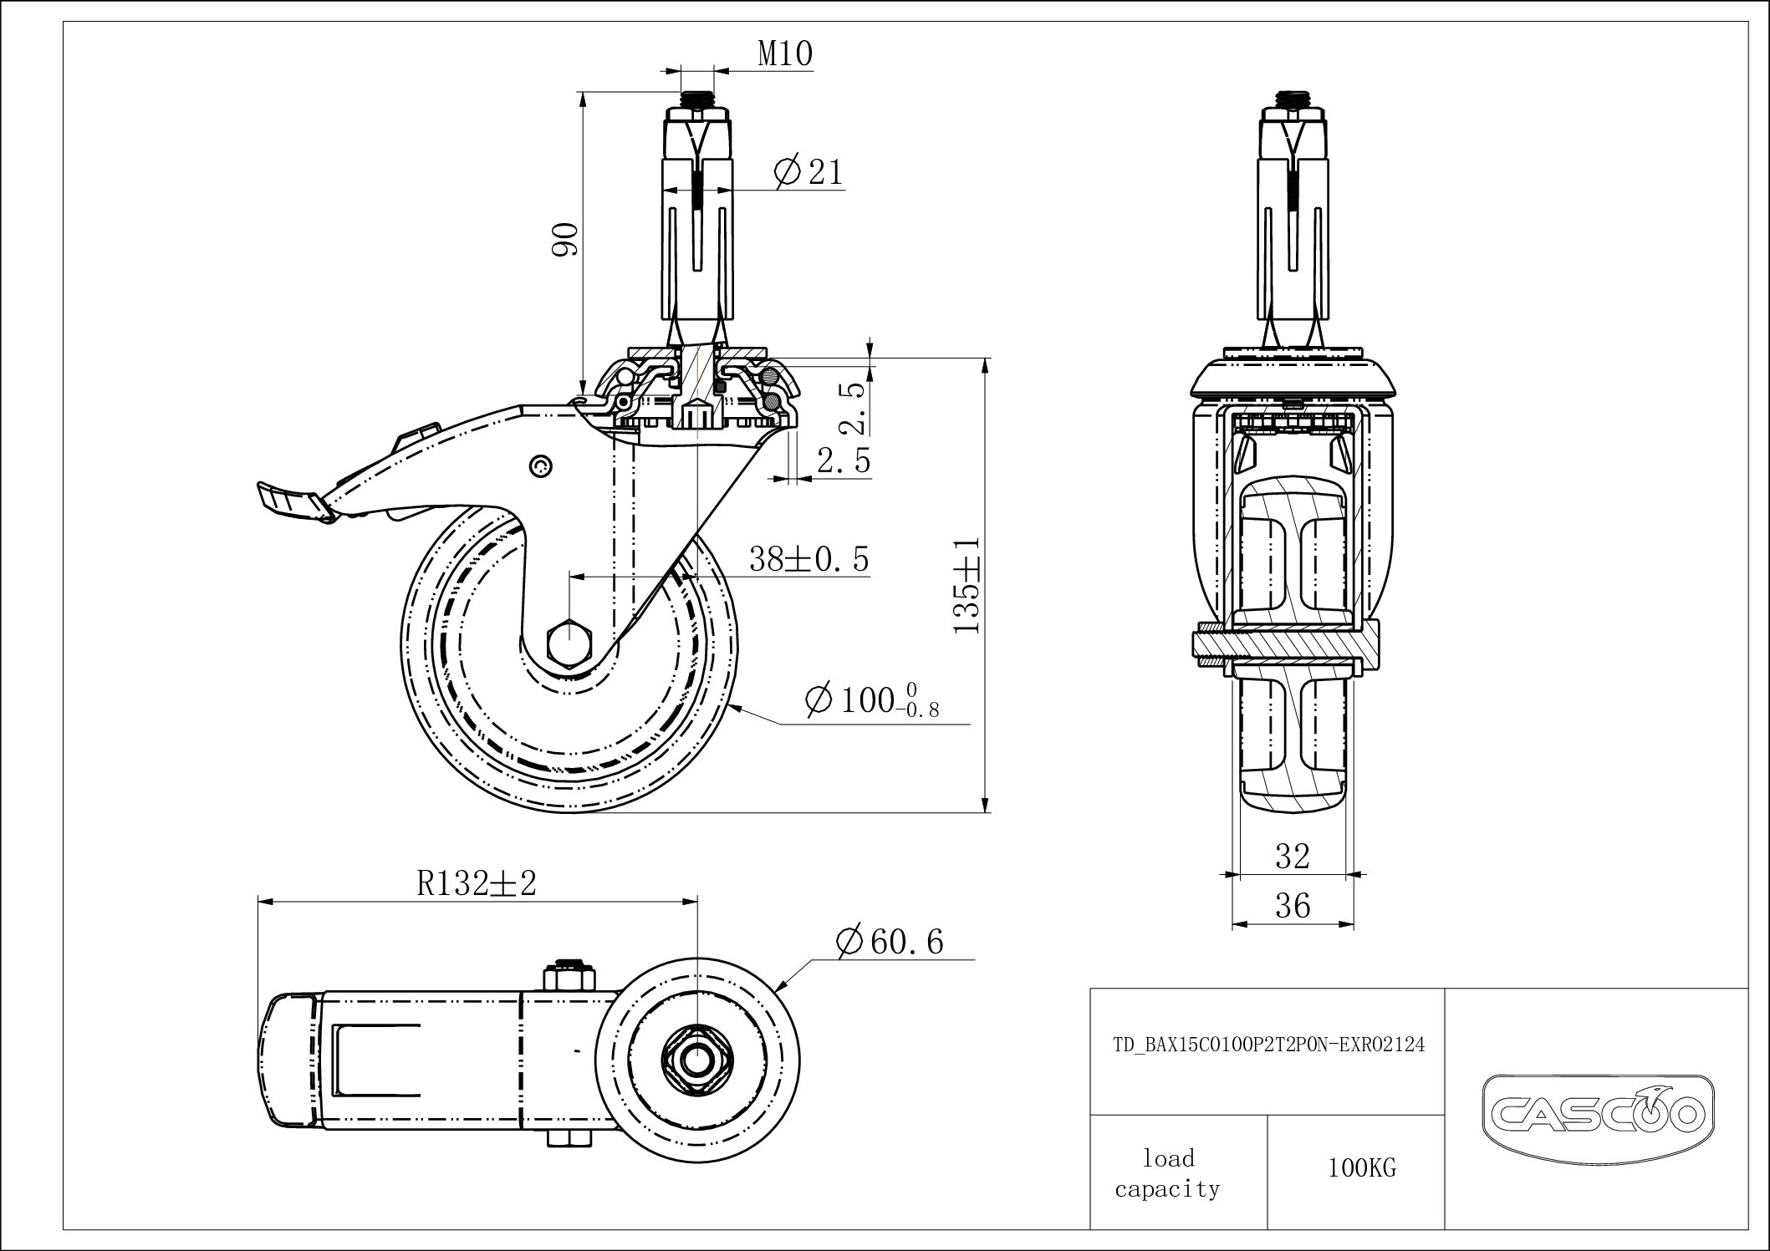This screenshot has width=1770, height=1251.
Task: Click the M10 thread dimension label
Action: coord(784,53)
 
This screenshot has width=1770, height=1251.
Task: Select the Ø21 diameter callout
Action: coord(808,171)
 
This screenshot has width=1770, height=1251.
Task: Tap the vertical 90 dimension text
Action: coord(566,240)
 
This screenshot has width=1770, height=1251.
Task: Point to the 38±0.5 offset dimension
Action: coord(808,558)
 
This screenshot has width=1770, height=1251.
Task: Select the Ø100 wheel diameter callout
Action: coord(870,700)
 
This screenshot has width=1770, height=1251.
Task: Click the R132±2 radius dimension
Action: coord(476,883)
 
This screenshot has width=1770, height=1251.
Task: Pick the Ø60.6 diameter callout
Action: coord(889,942)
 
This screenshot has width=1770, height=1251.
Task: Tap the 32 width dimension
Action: coord(1292,856)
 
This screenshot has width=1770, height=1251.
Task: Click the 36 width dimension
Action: coord(1292,906)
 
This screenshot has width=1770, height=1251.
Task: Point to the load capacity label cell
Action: coord(1167,1173)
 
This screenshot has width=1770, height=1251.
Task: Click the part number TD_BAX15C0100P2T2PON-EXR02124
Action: coord(1268,1045)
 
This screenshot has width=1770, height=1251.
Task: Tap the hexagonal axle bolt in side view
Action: coord(569,644)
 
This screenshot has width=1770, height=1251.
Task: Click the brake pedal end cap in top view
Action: coord(288,1060)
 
